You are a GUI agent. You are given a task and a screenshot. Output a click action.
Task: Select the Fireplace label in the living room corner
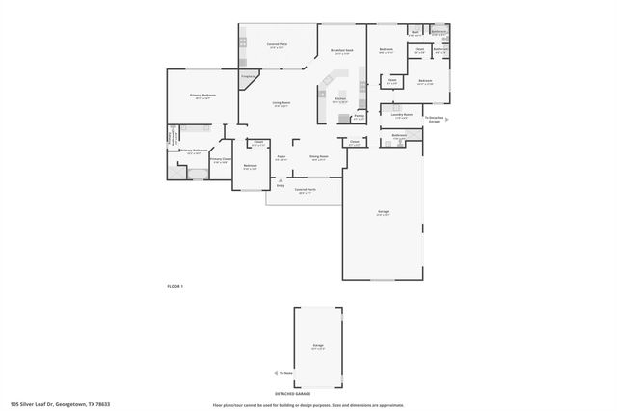[x=247, y=74]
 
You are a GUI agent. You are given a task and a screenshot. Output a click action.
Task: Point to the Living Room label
[x=281, y=102]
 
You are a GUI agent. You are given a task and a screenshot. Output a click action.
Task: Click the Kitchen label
[x=339, y=98]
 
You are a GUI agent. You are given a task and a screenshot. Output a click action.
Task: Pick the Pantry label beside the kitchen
[x=358, y=116]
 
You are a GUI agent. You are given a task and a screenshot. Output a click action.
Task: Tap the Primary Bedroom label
[x=202, y=96]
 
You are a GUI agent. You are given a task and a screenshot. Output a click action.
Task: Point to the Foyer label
[x=281, y=156]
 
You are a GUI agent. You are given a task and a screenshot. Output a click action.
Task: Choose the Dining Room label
[x=318, y=155]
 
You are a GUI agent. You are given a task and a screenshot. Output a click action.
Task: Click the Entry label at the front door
[x=281, y=184]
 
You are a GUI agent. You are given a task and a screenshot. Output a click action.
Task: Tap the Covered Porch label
[x=305, y=190]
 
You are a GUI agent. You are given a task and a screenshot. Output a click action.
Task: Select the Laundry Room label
[x=401, y=115]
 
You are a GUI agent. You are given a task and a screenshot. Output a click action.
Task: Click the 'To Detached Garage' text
[x=434, y=119]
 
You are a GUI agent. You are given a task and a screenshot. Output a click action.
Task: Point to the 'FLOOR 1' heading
[x=174, y=287]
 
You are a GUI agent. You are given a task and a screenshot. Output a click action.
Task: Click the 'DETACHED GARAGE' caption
[x=291, y=394]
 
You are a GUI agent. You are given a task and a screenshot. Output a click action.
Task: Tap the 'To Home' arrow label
[x=286, y=372]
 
